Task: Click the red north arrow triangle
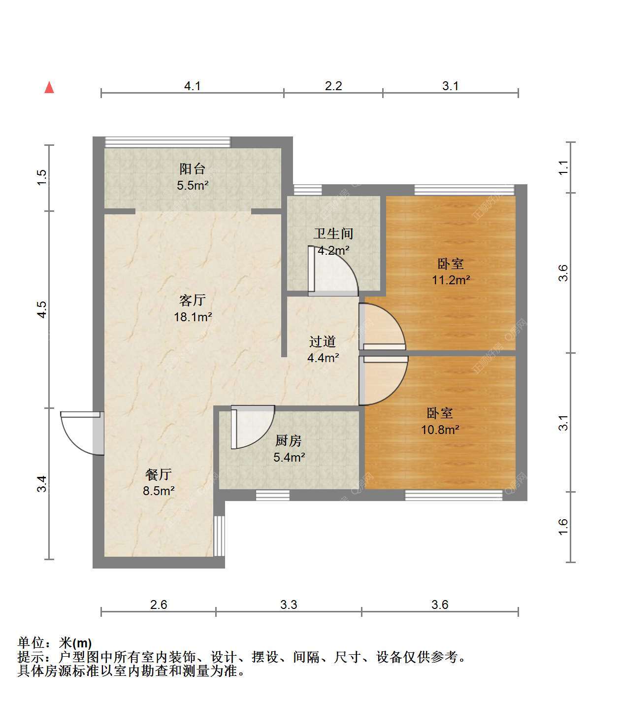click(x=49, y=88)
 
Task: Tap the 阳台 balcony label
click(x=193, y=169)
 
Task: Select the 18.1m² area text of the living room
click(x=193, y=317)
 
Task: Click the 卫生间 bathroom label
click(x=333, y=234)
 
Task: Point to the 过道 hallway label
click(x=323, y=341)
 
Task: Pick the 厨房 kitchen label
click(x=289, y=440)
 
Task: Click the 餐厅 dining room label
click(x=159, y=474)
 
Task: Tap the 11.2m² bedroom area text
click(x=451, y=280)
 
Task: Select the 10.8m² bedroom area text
click(x=440, y=430)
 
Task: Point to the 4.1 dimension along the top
click(x=193, y=86)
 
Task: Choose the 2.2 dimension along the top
click(x=333, y=86)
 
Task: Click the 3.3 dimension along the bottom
click(x=289, y=604)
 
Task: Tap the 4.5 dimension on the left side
click(x=42, y=309)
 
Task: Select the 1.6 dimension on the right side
click(x=563, y=527)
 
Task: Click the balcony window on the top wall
click(x=168, y=142)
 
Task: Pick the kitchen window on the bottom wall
click(x=273, y=495)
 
